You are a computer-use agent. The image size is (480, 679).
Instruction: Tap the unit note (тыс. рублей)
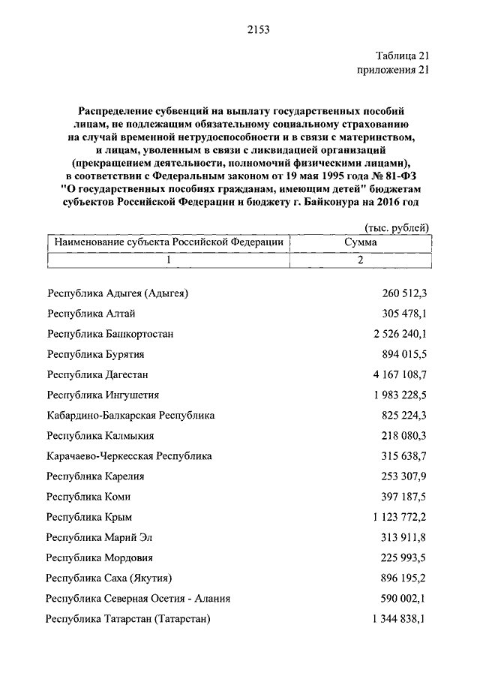[x=397, y=227]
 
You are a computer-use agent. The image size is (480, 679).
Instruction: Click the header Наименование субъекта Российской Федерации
[x=168, y=242]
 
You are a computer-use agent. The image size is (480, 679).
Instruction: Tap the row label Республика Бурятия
[x=95, y=354]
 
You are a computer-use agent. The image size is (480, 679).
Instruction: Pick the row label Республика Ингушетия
[x=103, y=395]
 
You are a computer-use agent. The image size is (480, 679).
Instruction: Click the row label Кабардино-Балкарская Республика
[x=130, y=415]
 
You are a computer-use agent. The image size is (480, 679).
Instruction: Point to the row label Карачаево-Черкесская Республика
[x=129, y=455]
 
